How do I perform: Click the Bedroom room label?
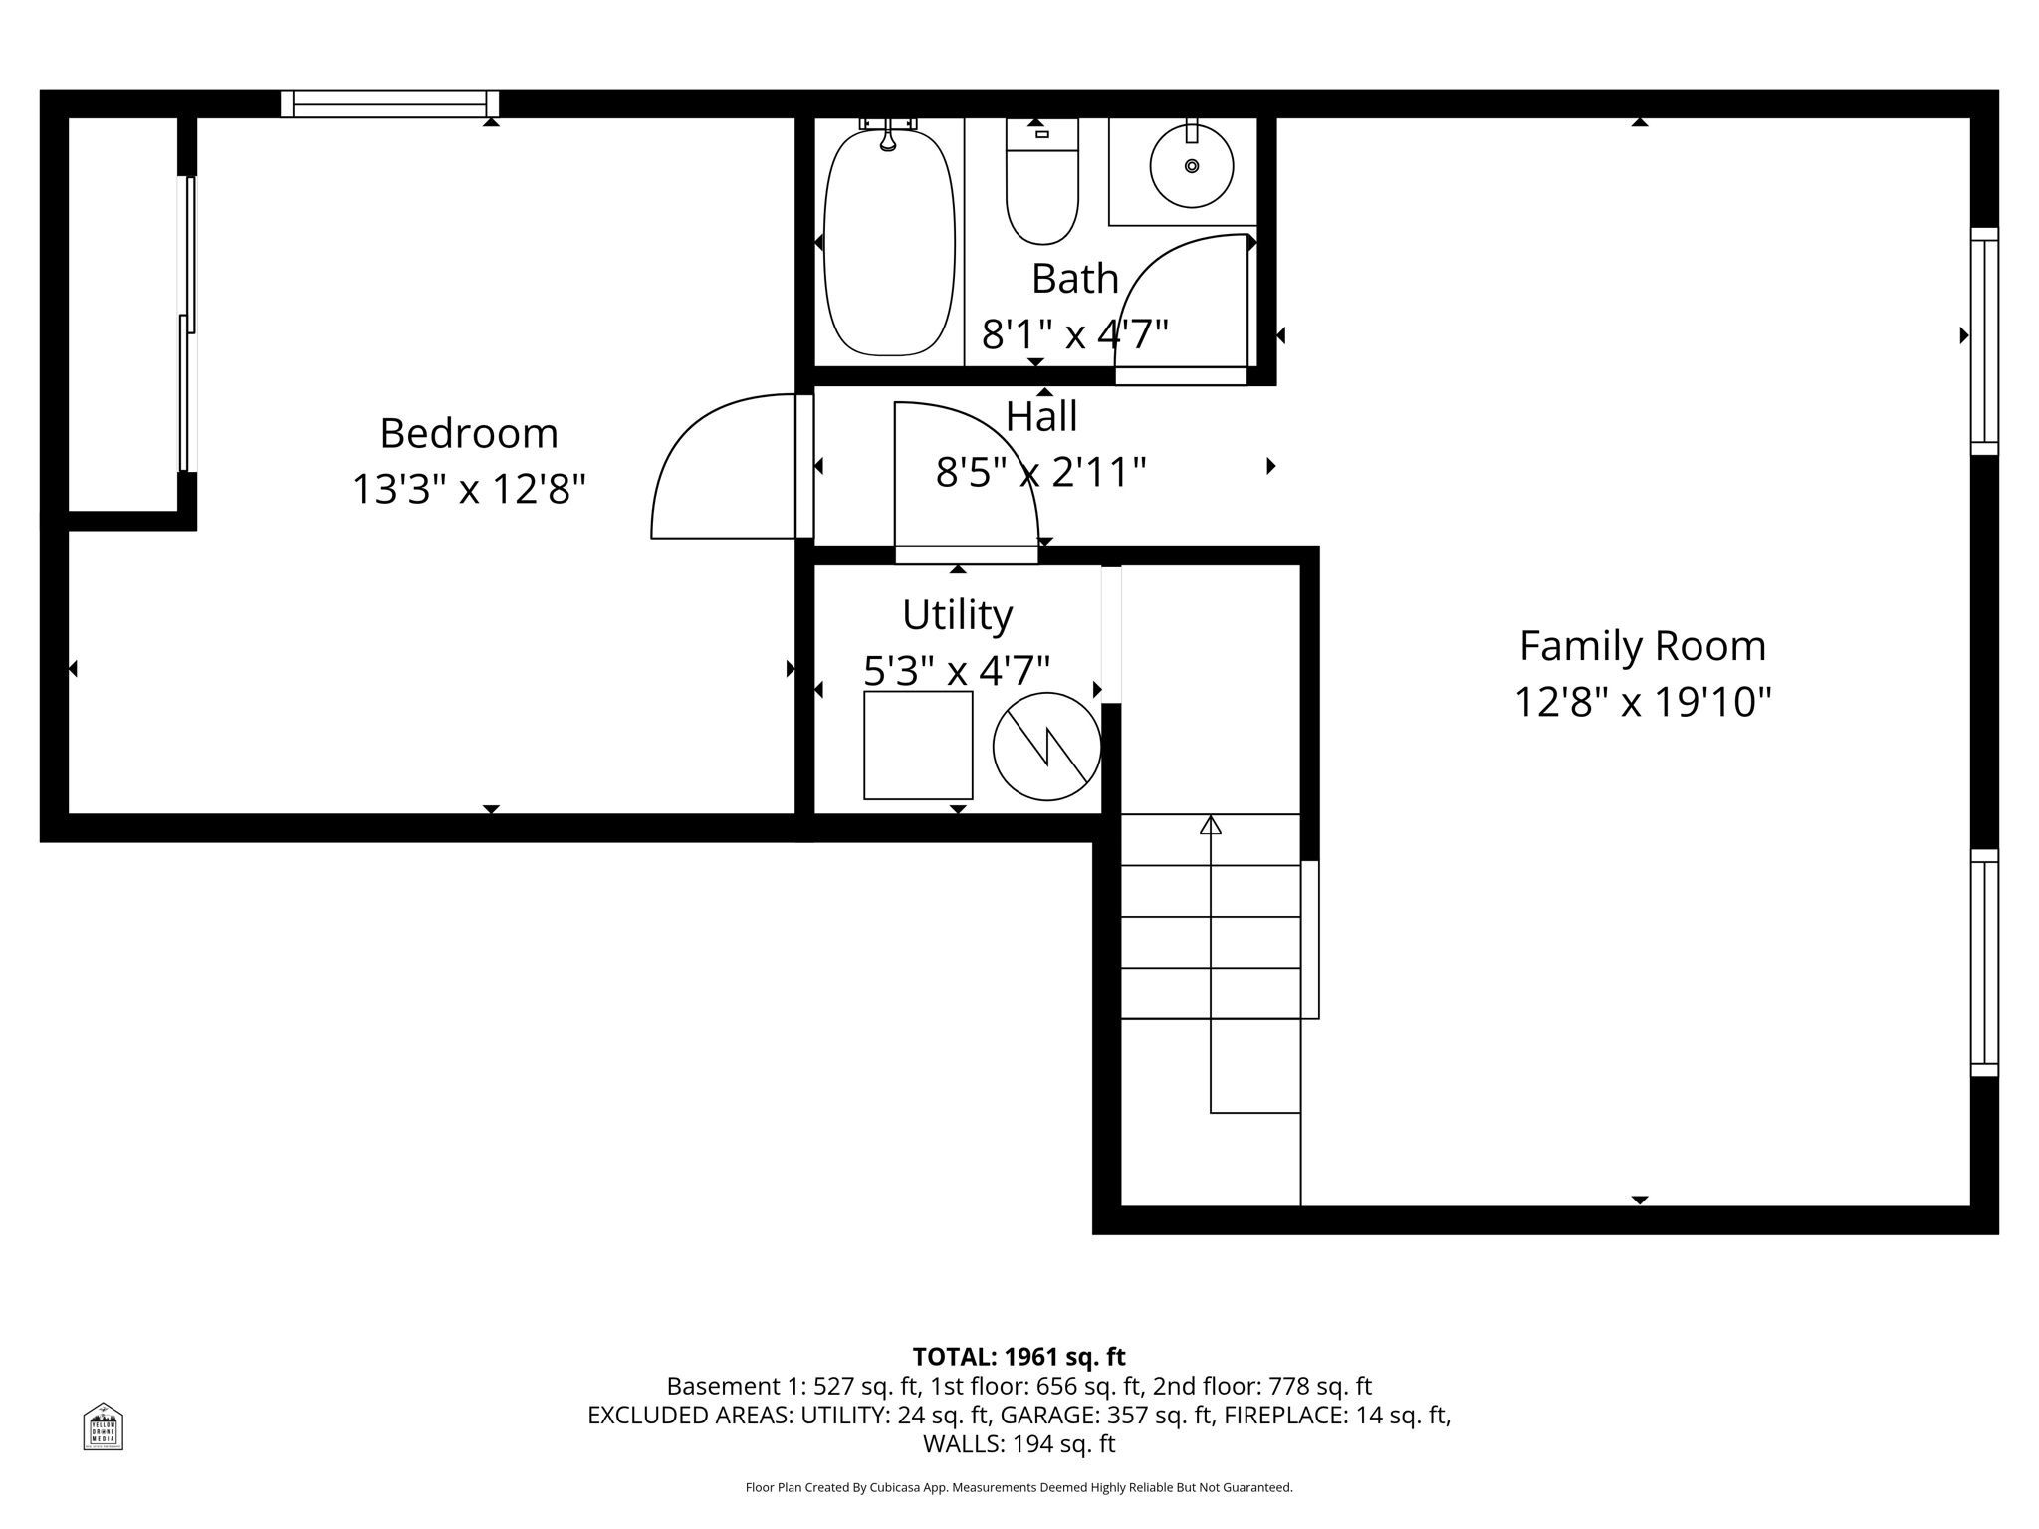468,434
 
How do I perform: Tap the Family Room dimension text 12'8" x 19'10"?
1643,702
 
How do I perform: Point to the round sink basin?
1191,166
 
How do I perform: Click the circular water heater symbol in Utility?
1046,746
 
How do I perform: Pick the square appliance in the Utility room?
917,745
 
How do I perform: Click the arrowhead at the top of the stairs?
1210,825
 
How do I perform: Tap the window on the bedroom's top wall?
389,104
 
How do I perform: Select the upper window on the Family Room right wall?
1983,340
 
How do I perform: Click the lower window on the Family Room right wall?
1983,962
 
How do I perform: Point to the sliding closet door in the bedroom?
186,324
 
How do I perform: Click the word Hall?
1041,416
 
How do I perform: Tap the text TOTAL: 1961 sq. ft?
1019,1357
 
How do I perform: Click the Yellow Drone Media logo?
103,1426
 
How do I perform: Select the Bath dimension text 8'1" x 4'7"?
1074,334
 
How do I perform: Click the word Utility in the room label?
957,615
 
